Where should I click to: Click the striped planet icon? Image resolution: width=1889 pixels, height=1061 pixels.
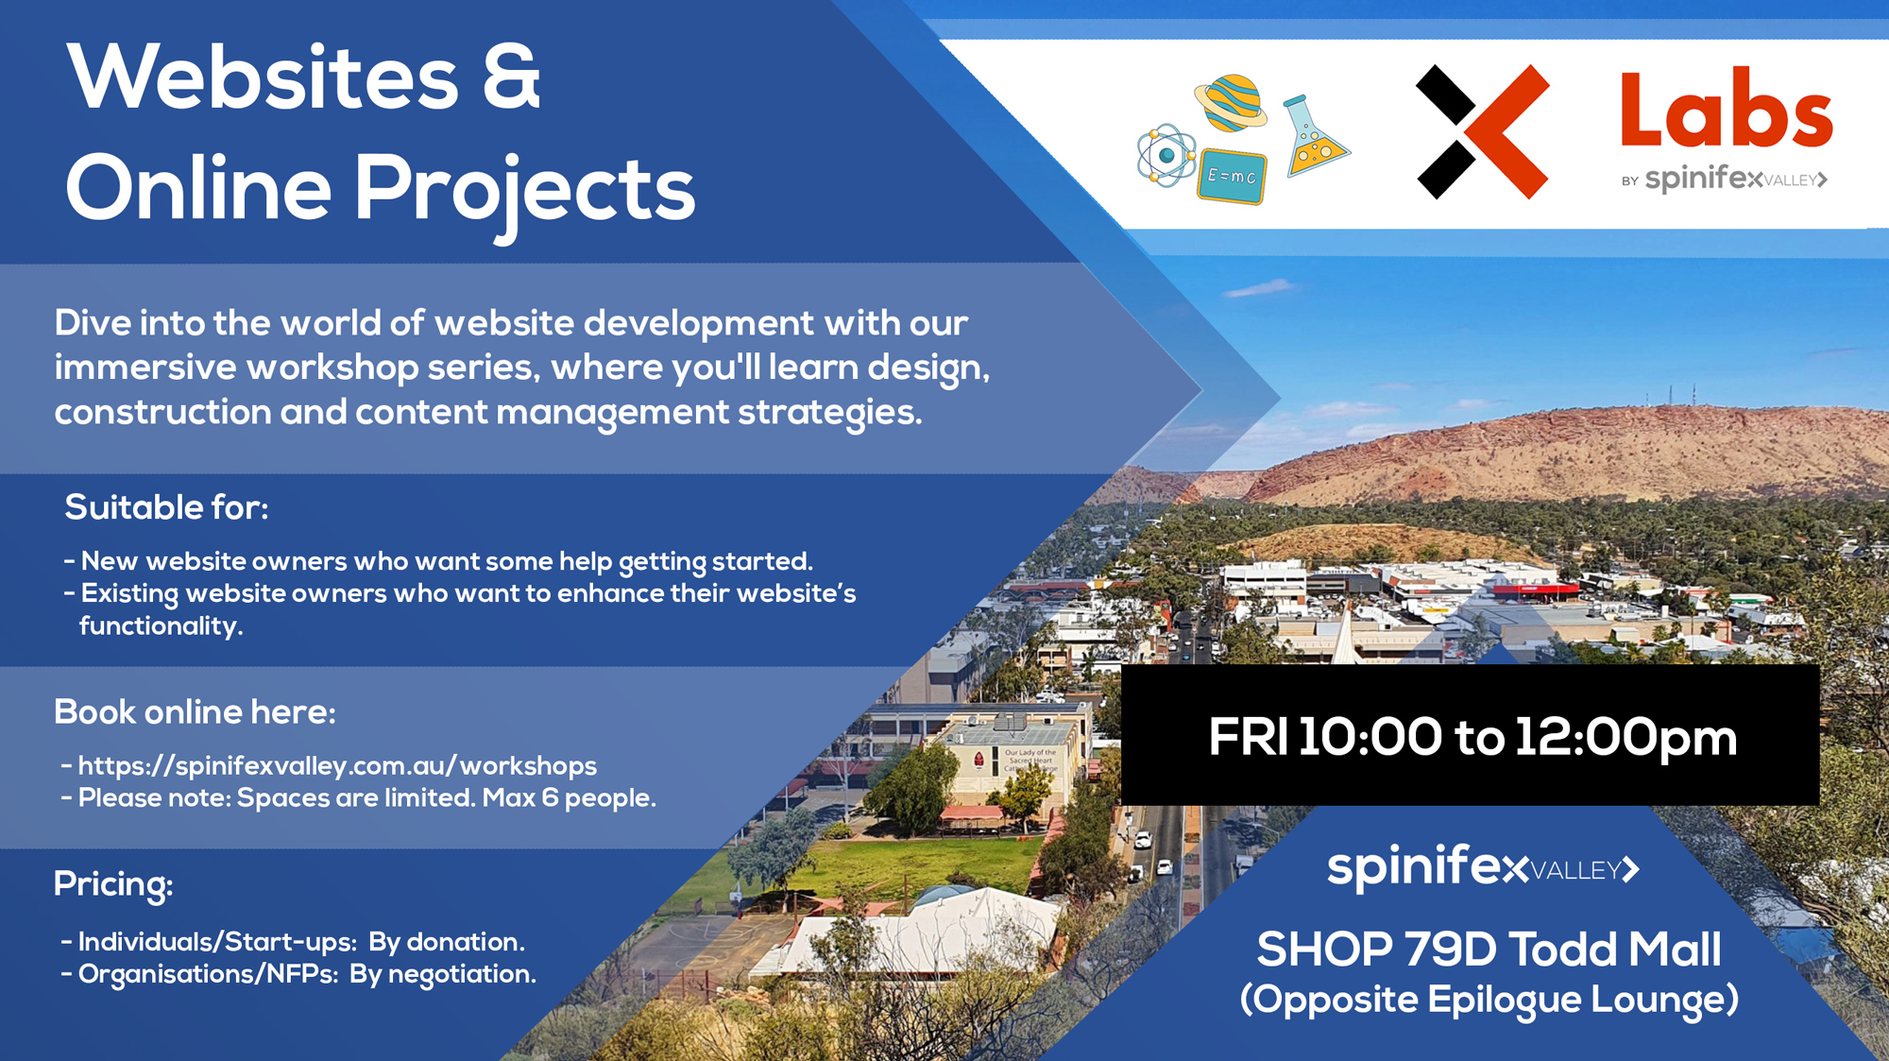pyautogui.click(x=1232, y=102)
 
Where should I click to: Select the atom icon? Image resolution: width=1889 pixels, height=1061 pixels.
pyautogui.click(x=1167, y=155)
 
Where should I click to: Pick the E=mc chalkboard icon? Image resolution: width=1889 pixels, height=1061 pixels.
pyautogui.click(x=1232, y=176)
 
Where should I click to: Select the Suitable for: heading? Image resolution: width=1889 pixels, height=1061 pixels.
pyautogui.click(x=166, y=507)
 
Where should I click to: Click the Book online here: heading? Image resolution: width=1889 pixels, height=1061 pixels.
pyautogui.click(x=195, y=711)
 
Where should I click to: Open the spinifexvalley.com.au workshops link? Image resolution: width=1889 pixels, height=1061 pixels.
pyautogui.click(x=337, y=765)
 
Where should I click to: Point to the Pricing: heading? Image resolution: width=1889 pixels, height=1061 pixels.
pyautogui.click(x=113, y=884)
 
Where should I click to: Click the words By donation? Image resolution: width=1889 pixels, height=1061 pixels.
pyautogui.click(x=447, y=942)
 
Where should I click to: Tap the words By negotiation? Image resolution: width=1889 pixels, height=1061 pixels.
pyautogui.click(x=443, y=974)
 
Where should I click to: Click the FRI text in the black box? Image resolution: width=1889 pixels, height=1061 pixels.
pyautogui.click(x=1247, y=738)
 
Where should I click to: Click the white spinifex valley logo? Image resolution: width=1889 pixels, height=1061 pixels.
pyautogui.click(x=1483, y=867)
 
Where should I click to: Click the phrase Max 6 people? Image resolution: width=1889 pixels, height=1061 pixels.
pyautogui.click(x=569, y=798)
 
